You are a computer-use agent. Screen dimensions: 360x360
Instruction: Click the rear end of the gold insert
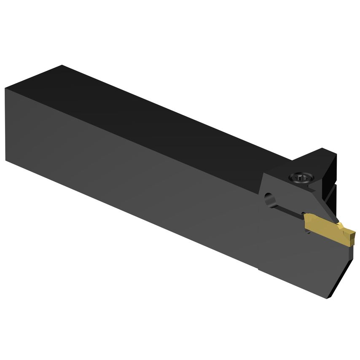click(306, 221)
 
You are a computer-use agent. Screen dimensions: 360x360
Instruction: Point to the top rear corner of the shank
click(62, 65)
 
